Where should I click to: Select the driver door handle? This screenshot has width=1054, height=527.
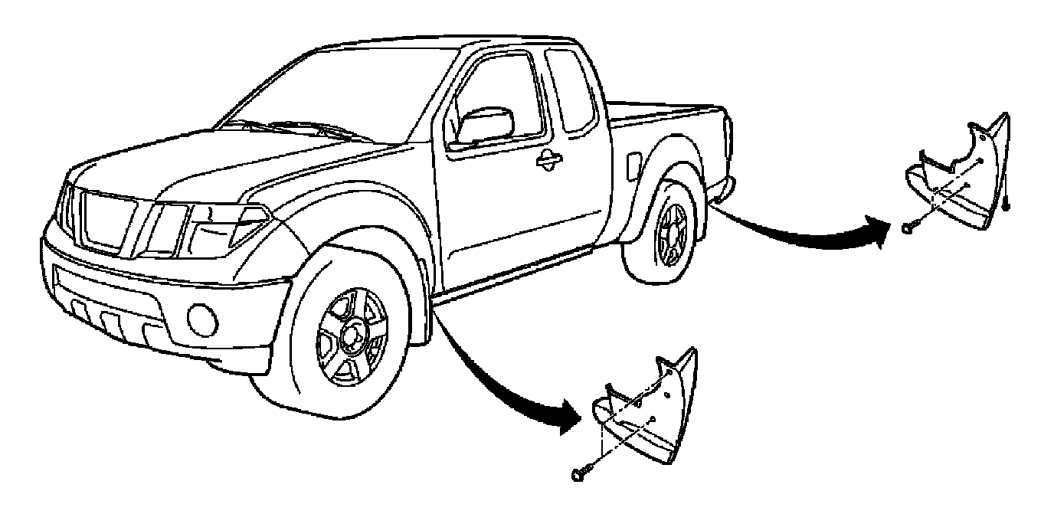(548, 158)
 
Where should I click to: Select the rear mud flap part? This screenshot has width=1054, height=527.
(961, 180)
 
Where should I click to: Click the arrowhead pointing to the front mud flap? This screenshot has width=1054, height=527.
(571, 419)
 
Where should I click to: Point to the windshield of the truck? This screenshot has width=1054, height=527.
(306, 92)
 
